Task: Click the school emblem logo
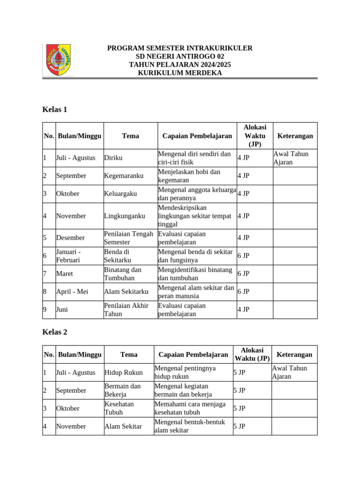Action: coord(58,60)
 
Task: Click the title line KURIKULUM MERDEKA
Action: coord(180,73)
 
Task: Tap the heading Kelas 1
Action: coord(55,109)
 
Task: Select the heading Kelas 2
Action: coord(55,332)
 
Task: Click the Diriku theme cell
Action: coord(113,158)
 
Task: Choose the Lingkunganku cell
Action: coord(124,216)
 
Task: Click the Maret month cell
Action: coord(65,273)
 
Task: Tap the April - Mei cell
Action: coord(72,292)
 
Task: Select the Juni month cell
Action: coord(62,309)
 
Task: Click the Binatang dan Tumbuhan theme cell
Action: coord(123,274)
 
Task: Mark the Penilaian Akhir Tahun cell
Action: coord(127,310)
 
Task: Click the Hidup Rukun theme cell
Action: coord(123,373)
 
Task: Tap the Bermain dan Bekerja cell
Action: coord(122,390)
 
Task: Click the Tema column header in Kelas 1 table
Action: coord(130,136)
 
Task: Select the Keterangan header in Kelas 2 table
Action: coord(294,354)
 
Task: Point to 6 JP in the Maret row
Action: coord(243,274)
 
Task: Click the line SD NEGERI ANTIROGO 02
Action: coord(180,56)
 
